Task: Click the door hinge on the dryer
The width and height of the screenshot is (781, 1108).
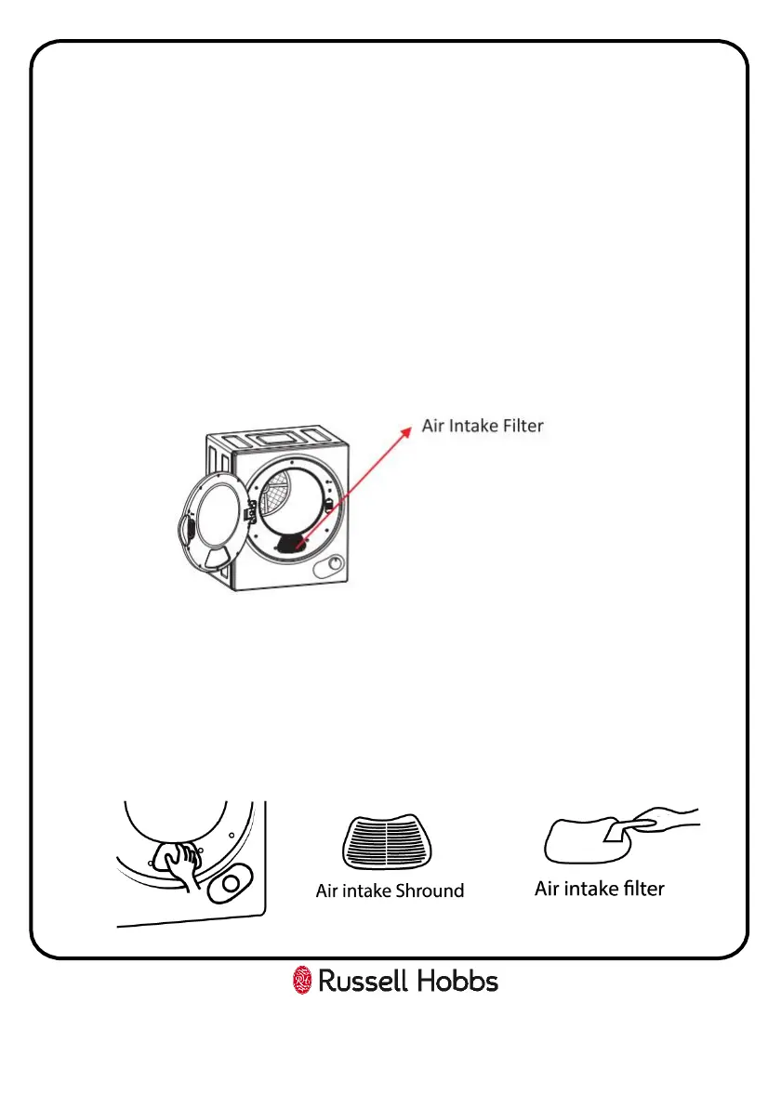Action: (x=248, y=511)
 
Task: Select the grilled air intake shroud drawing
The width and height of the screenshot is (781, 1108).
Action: (x=390, y=842)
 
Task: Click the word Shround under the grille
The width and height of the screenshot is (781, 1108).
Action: (x=427, y=890)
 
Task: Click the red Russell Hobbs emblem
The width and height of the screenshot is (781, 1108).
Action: (x=302, y=980)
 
